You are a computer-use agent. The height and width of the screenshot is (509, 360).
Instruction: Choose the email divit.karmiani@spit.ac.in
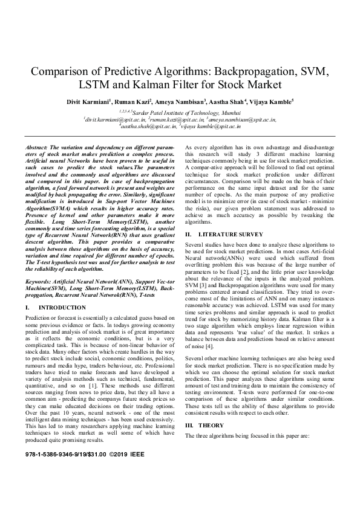tap(129, 120)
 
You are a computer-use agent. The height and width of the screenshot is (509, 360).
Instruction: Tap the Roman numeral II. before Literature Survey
tap(188, 250)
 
